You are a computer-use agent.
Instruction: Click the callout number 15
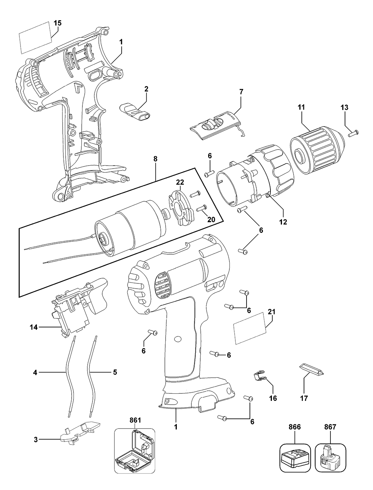[x=57, y=23]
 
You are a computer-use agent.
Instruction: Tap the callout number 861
[x=135, y=420]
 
